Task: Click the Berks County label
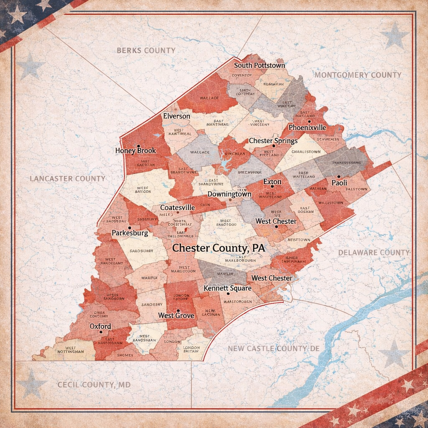[x=146, y=51]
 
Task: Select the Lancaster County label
[x=67, y=178]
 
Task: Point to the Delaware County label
[x=373, y=252]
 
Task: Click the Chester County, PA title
[x=219, y=248]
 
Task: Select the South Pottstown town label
[x=259, y=65]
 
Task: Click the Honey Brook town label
[x=135, y=150]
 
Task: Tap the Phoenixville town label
[x=307, y=127]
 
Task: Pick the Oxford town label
[x=100, y=326]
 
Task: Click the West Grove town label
[x=176, y=316]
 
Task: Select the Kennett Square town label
[x=227, y=288]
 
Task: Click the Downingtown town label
[x=229, y=194]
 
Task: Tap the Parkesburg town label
[x=130, y=233]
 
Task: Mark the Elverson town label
[x=176, y=116]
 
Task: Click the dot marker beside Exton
[x=272, y=186]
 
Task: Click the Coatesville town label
[x=178, y=207]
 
